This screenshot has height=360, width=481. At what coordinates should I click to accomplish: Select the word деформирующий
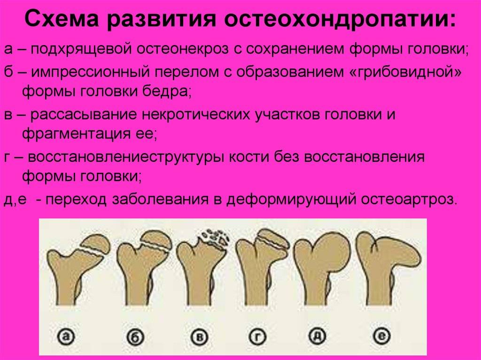click(x=291, y=199)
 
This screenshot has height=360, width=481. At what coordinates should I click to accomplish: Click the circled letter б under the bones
click(x=135, y=337)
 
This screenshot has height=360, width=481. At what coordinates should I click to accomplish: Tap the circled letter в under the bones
click(x=200, y=337)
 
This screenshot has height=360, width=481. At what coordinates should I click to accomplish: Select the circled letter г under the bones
click(x=257, y=337)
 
